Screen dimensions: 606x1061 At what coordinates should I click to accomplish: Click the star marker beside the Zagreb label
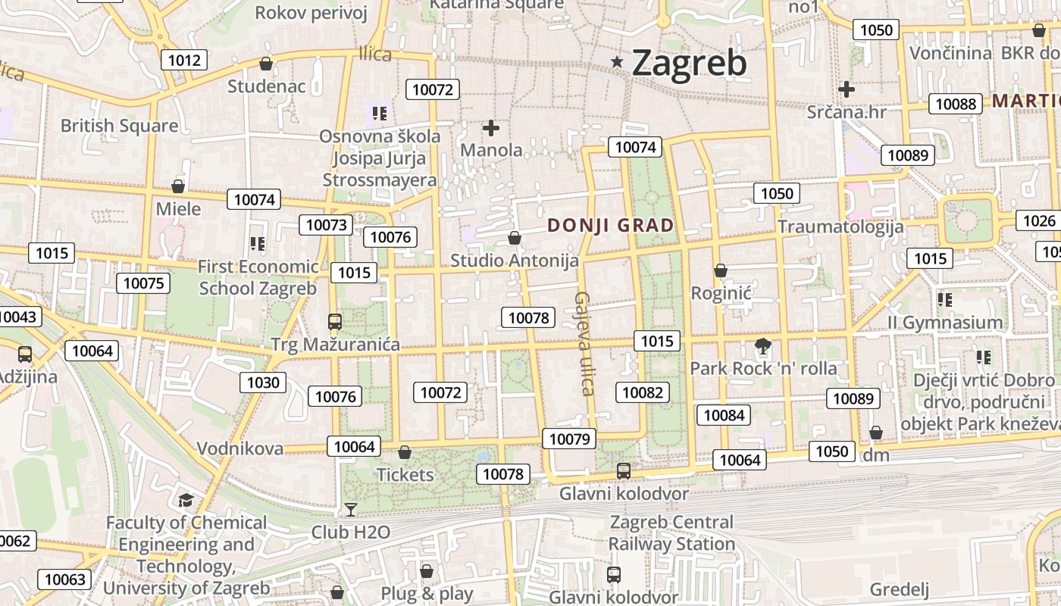click(618, 62)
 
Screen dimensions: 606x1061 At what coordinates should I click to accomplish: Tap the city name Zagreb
click(689, 63)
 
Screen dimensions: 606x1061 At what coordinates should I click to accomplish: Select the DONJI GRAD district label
click(610, 225)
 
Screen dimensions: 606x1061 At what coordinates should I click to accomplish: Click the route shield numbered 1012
click(185, 61)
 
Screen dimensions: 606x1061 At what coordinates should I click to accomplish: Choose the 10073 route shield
click(327, 225)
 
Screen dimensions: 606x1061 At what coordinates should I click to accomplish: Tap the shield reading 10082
click(643, 392)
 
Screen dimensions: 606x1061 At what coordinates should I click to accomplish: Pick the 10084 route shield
click(724, 414)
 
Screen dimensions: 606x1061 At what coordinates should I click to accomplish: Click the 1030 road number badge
click(263, 383)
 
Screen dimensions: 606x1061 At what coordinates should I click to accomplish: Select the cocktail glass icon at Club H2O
click(350, 509)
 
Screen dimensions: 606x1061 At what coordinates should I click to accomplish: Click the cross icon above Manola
click(491, 128)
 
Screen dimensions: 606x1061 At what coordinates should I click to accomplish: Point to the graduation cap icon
click(186, 500)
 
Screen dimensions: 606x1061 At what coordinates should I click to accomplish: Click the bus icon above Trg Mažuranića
click(335, 322)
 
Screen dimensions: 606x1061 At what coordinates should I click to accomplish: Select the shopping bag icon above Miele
click(178, 186)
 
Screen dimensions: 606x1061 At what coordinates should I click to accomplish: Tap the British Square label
click(119, 126)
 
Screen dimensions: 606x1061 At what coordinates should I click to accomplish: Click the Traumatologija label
click(840, 226)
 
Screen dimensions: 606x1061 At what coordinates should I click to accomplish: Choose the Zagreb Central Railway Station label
click(671, 533)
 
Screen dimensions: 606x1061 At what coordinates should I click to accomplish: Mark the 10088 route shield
click(956, 104)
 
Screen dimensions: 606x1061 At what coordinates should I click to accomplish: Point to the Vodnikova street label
click(240, 448)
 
